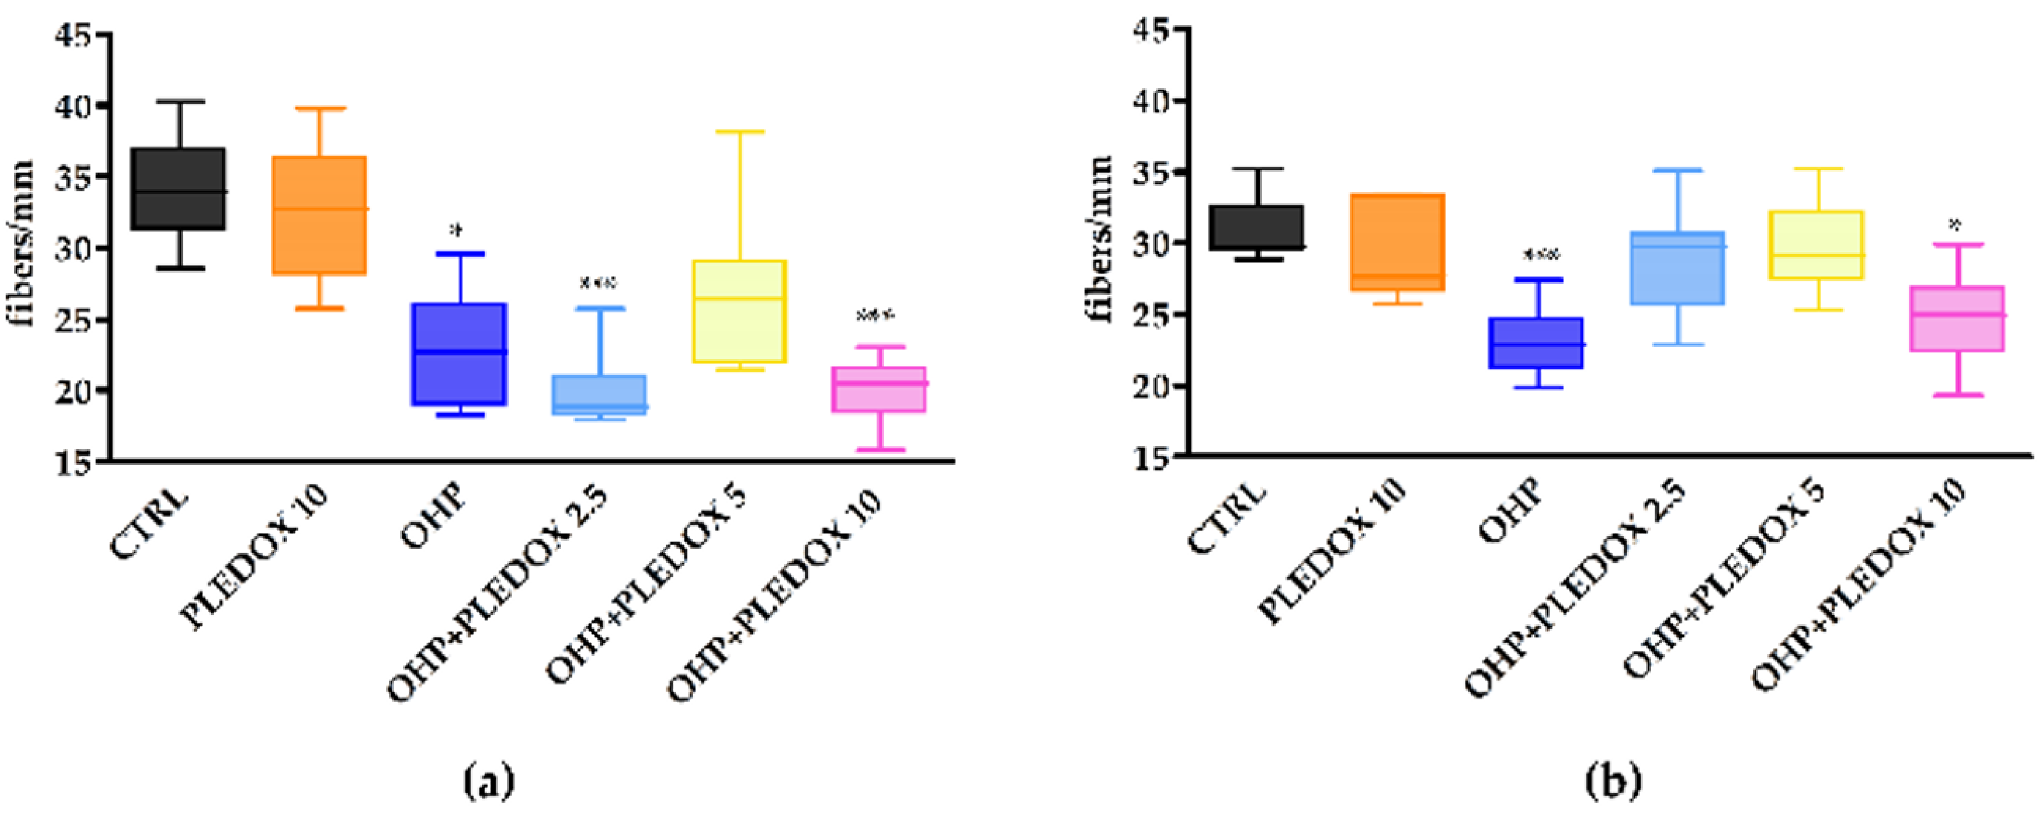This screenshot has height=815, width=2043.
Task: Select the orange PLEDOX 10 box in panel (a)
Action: pos(319,215)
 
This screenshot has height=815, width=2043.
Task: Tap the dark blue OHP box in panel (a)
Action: pos(459,354)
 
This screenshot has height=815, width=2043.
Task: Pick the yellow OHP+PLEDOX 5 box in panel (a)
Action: pos(740,311)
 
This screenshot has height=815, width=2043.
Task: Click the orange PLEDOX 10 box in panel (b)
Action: pos(1397,242)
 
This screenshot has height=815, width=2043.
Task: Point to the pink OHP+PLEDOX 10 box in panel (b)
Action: pos(1957,318)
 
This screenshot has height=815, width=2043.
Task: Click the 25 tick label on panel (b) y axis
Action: pos(1152,315)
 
